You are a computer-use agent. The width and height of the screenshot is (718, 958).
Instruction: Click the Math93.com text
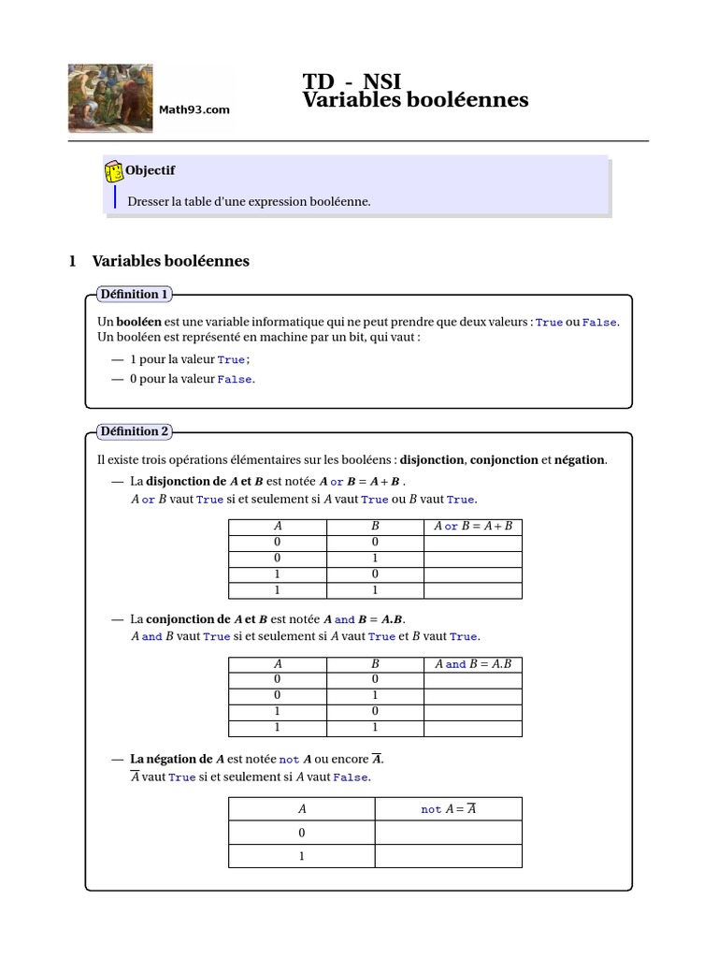coord(194,110)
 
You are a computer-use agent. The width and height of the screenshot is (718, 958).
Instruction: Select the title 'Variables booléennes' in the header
coord(415,100)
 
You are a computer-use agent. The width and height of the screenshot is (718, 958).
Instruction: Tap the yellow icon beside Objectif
coord(114,171)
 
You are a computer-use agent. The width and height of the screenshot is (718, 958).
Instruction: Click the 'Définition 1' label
coord(134,294)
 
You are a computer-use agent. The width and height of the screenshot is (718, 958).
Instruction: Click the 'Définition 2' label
coord(134,431)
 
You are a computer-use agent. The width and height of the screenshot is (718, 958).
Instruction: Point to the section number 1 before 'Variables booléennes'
coord(73,261)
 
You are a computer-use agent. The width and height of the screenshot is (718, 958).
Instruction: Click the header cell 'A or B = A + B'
coord(473,526)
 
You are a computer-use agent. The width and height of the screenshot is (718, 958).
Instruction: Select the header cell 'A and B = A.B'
coord(473,663)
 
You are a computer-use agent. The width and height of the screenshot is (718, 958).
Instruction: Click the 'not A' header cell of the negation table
coord(449,809)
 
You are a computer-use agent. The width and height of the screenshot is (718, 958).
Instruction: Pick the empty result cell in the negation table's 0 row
coord(449,833)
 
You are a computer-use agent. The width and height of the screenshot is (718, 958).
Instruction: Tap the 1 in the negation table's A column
coord(302,855)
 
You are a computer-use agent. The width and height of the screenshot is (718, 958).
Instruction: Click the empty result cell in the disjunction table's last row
coord(473,590)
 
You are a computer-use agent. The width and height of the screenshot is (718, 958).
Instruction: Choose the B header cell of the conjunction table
coord(375,663)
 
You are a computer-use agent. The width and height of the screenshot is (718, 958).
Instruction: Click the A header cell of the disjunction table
coord(278,526)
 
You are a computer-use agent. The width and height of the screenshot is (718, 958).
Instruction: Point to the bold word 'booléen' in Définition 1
coord(137,321)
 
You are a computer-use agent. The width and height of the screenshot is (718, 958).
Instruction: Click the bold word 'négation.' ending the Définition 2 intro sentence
coord(581,459)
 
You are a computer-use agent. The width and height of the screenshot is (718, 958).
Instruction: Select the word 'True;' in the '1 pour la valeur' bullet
coord(234,359)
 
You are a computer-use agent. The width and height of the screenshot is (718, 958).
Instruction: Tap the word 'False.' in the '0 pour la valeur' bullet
coord(236,379)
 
